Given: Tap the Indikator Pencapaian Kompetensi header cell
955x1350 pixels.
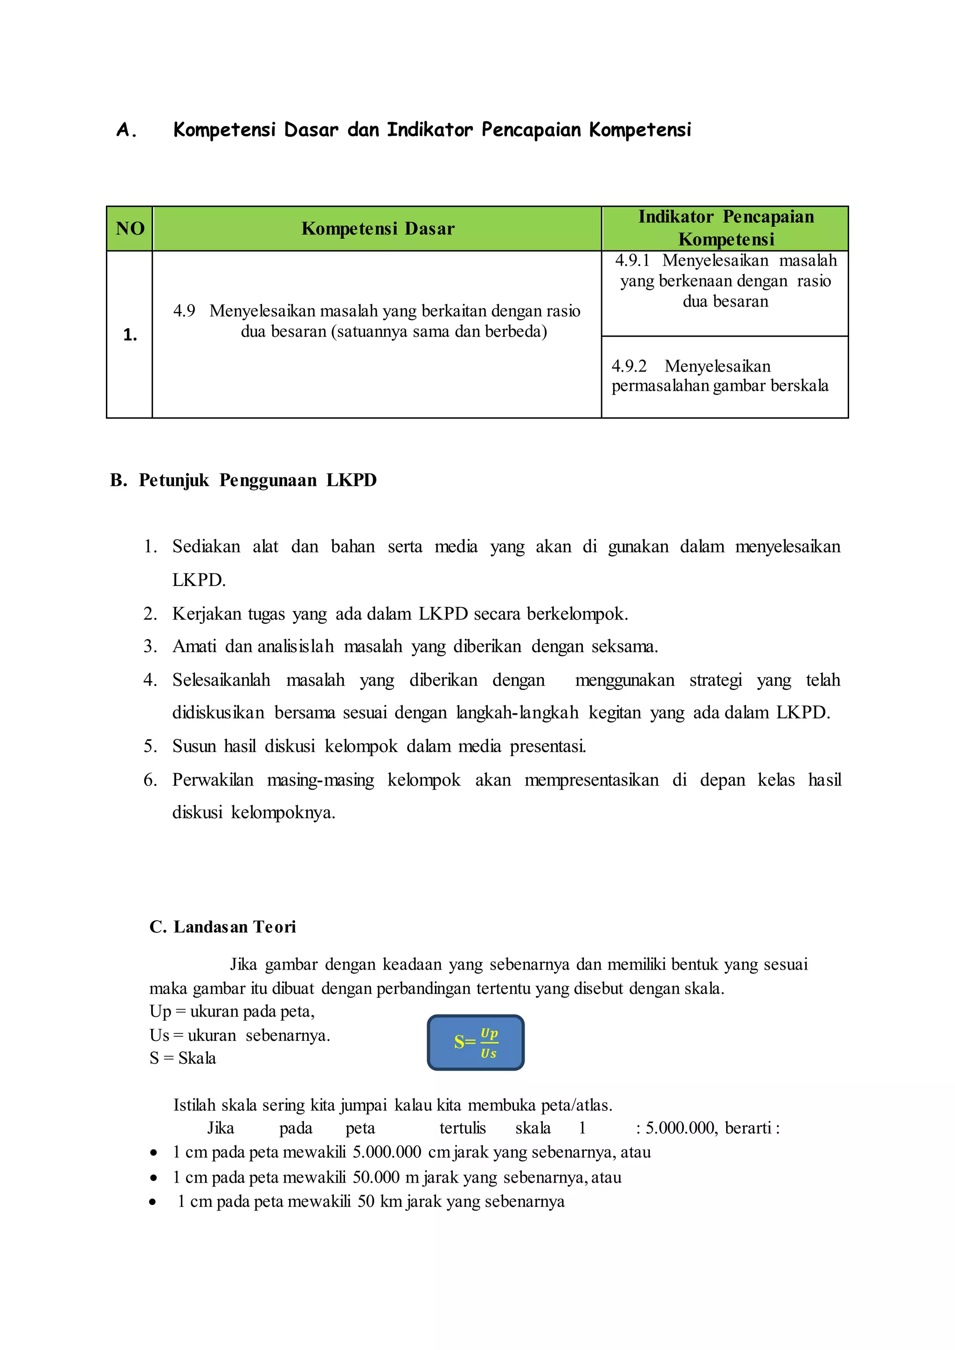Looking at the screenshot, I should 726,227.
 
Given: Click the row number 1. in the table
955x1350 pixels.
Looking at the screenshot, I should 130,335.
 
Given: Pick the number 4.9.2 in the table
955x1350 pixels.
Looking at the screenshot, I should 629,366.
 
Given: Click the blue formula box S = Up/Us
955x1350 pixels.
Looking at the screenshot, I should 475,1042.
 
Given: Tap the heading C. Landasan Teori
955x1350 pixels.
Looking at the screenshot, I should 222,927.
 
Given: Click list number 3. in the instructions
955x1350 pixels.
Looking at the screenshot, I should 150,646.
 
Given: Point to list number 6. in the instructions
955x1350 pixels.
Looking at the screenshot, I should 150,780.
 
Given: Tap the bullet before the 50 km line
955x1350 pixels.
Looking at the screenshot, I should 153,1202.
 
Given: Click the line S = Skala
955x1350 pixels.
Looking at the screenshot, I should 182,1058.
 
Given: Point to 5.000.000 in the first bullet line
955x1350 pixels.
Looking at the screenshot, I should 387,1152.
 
